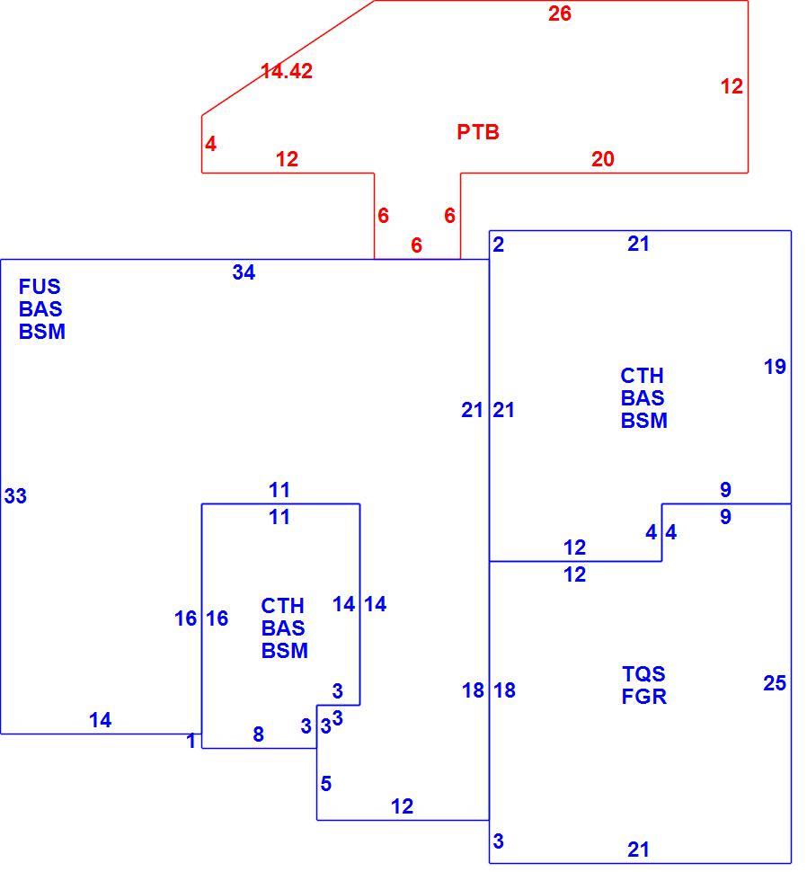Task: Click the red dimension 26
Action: [x=559, y=13]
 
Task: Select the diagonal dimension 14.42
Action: [x=287, y=71]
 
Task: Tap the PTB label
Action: [x=478, y=132]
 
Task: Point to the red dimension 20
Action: [x=602, y=160]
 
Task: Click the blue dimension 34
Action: [x=244, y=272]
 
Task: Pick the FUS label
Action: [x=40, y=287]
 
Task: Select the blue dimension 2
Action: [x=498, y=245]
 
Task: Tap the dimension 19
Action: [x=775, y=367]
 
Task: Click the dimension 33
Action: [x=15, y=496]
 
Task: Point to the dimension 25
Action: [x=775, y=683]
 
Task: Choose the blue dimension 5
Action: [x=326, y=784]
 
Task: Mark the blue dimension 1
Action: [x=191, y=742]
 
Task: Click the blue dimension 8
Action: [x=259, y=734]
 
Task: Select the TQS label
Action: [x=643, y=674]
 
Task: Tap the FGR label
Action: [x=643, y=697]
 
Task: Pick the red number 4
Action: [x=210, y=145]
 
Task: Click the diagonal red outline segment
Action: [x=288, y=58]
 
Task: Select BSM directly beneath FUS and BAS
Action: [x=42, y=332]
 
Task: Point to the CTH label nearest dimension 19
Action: [x=642, y=376]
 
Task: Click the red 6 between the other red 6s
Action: [x=416, y=245]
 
